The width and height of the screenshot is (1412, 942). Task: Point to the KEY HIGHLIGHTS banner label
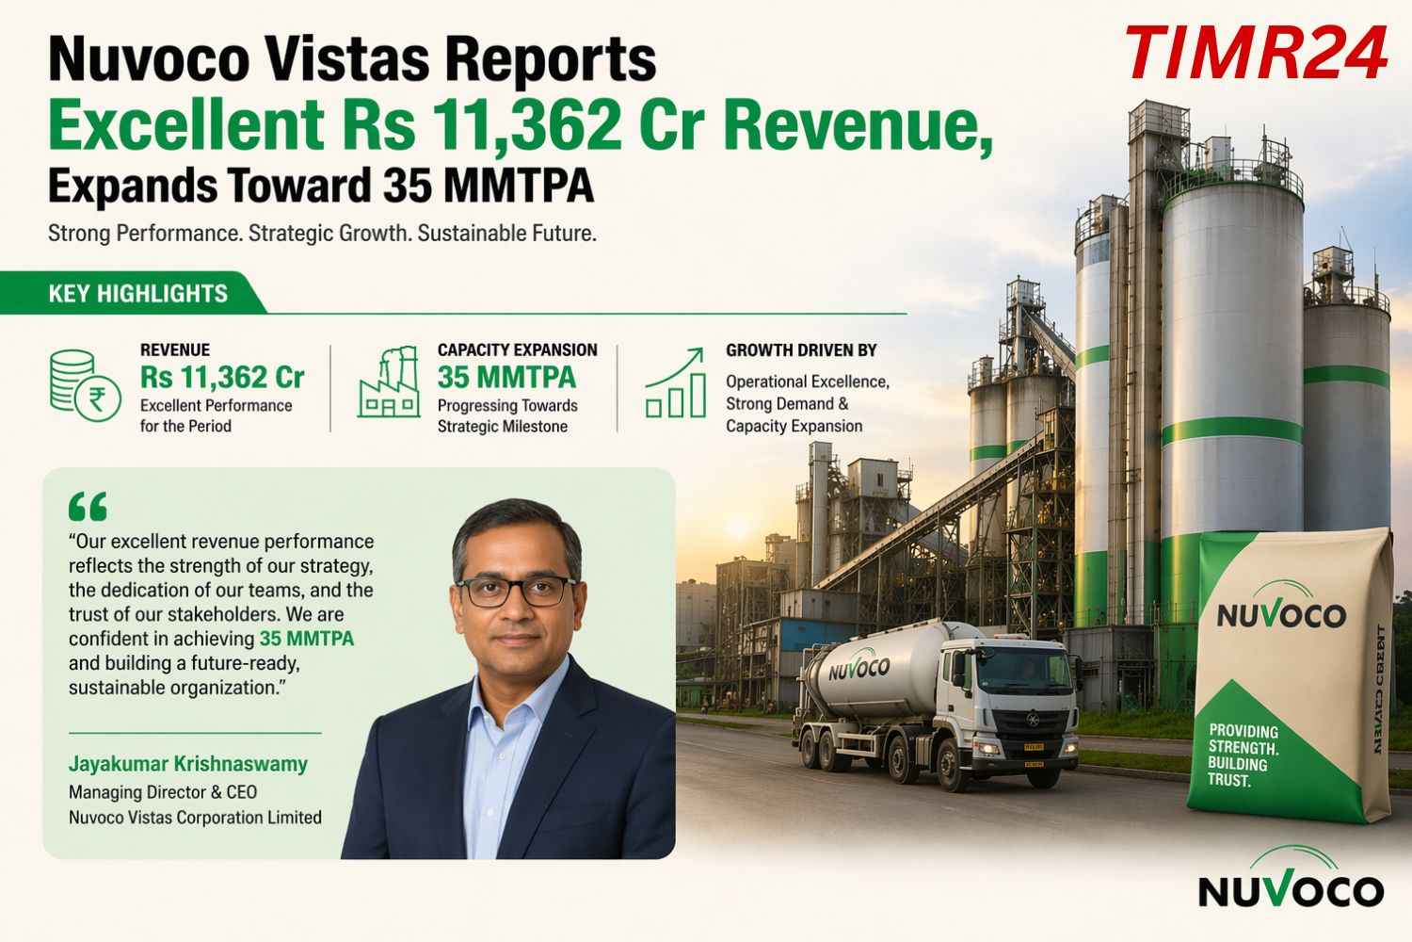pyautogui.click(x=137, y=294)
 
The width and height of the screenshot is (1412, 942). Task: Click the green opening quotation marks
pyautogui.click(x=88, y=507)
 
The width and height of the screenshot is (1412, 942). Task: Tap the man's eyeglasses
pyautogui.click(x=519, y=591)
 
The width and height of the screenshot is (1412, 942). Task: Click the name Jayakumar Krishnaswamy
pyautogui.click(x=188, y=764)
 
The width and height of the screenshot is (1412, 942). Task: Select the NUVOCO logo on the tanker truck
pyautogui.click(x=858, y=668)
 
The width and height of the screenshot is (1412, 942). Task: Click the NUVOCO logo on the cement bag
pyautogui.click(x=1281, y=614)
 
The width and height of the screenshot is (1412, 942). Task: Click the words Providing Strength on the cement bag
pyautogui.click(x=1243, y=739)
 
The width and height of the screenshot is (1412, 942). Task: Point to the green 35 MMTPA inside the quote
pyautogui.click(x=307, y=639)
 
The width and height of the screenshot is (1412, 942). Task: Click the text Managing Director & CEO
pyautogui.click(x=163, y=792)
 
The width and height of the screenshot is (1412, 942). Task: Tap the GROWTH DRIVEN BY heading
pyautogui.click(x=801, y=350)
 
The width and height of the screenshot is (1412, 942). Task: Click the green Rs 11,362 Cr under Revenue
pyautogui.click(x=222, y=378)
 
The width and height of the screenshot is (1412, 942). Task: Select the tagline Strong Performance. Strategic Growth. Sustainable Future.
pyautogui.click(x=322, y=233)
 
